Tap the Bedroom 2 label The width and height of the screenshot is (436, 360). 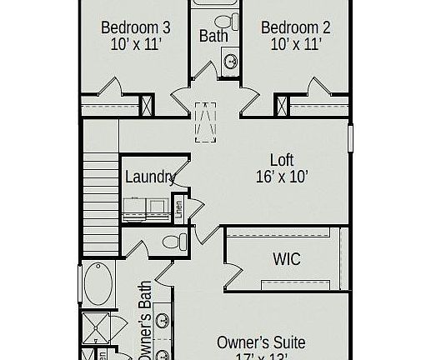[295, 27]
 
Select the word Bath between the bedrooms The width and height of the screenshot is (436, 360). [213, 36]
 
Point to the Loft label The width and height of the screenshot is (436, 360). [281, 159]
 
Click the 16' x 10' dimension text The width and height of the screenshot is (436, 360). [281, 176]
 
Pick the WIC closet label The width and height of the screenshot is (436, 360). [287, 258]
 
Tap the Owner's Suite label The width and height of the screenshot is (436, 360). [261, 342]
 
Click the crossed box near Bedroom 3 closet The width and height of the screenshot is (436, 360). [148, 107]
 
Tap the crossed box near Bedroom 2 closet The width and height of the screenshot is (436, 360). [282, 107]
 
